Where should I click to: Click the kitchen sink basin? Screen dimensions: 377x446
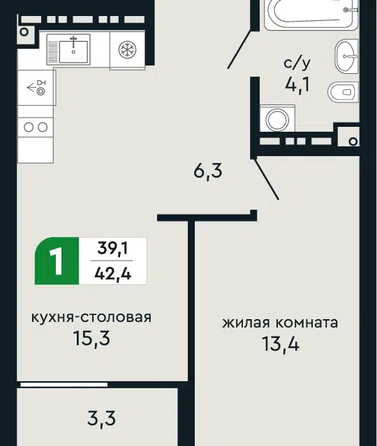[x=73, y=52]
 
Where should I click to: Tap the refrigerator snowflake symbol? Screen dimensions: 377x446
[x=127, y=49]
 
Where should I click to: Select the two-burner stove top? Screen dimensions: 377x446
[x=36, y=127]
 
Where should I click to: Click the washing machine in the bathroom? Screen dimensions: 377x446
[x=277, y=119]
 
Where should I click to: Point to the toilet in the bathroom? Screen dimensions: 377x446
[x=343, y=92]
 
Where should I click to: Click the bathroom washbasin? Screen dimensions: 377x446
[x=346, y=56]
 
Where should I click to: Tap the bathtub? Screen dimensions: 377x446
[x=311, y=14]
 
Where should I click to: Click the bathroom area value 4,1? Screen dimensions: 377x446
[x=297, y=84]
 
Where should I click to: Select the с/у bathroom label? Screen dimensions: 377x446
[x=297, y=63]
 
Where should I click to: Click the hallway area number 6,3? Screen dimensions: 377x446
[x=208, y=171]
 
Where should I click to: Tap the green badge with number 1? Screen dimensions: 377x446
[x=57, y=261]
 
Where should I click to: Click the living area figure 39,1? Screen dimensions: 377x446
[x=112, y=248]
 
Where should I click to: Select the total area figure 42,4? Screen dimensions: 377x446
[x=112, y=274]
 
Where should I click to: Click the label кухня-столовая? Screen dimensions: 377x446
[x=91, y=317]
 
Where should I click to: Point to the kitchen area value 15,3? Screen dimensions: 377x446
[x=91, y=338]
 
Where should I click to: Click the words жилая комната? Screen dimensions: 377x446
[x=280, y=323]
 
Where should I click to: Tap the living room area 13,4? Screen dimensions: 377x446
[x=281, y=344]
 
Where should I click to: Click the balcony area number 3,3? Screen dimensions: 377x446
[x=101, y=419]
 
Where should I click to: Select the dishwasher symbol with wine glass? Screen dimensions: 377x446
[x=36, y=88]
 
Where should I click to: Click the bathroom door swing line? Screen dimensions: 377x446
[x=239, y=49]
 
